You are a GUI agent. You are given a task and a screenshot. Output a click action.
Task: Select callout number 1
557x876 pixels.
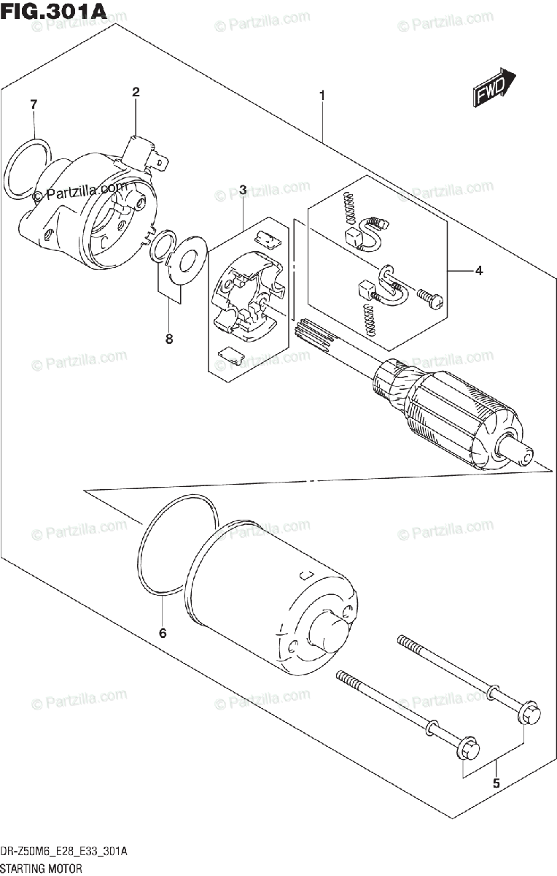[x=321, y=96]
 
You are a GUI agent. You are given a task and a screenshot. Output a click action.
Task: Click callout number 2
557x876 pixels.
[x=136, y=92]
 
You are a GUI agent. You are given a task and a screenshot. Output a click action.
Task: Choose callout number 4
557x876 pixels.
[x=478, y=272]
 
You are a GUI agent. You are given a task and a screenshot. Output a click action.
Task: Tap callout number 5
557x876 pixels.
[x=496, y=784]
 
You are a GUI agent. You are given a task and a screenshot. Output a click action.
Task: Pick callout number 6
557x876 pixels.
[x=163, y=633]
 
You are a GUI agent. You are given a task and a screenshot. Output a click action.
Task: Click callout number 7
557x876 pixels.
[x=34, y=104]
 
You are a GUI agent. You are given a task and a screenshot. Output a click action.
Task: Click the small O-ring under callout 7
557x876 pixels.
[x=28, y=169]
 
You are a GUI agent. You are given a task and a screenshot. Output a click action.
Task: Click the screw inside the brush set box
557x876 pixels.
[x=428, y=296]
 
